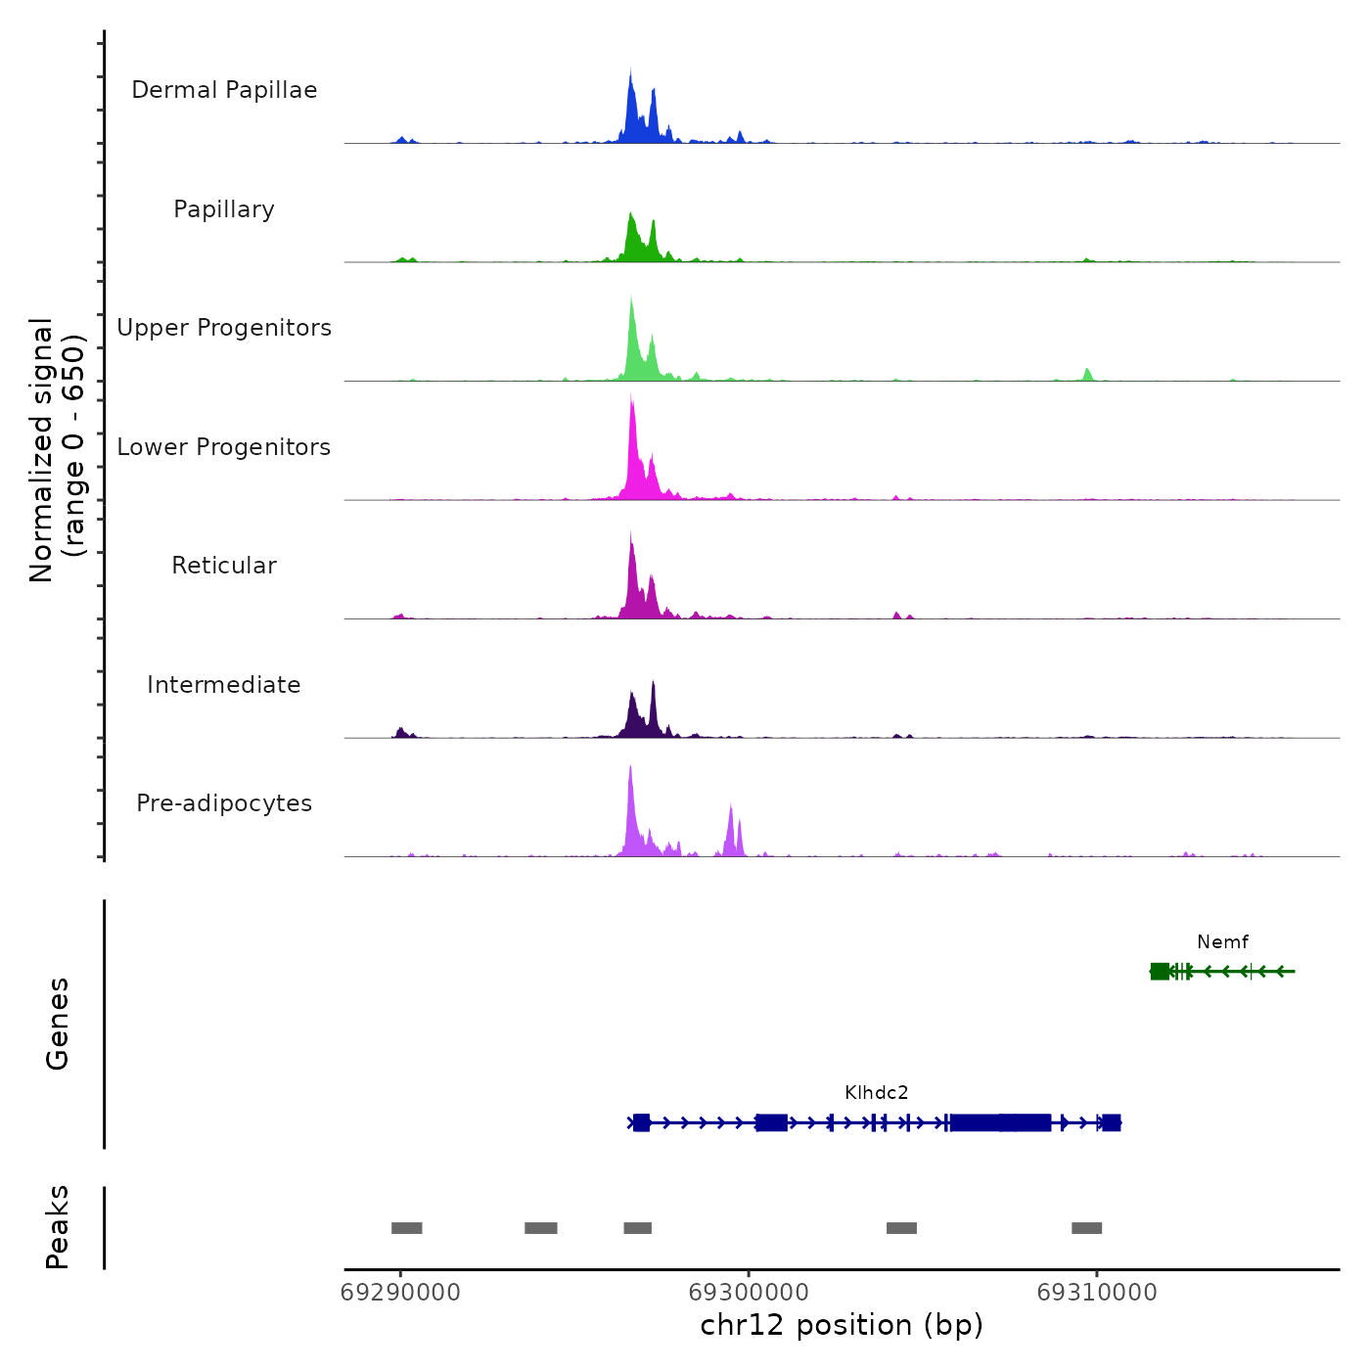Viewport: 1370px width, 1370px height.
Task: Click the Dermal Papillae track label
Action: click(x=224, y=90)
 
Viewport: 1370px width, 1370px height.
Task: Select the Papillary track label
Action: click(x=224, y=209)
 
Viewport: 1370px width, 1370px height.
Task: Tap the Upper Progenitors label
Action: click(x=224, y=328)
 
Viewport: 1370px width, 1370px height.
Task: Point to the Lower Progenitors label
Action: click(x=224, y=447)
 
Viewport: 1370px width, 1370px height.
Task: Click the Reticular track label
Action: click(x=224, y=566)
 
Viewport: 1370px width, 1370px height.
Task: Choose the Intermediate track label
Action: click(x=224, y=685)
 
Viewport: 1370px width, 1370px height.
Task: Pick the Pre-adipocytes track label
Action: click(x=224, y=803)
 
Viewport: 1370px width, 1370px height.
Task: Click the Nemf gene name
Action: click(x=1222, y=942)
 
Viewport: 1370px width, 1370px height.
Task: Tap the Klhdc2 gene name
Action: click(x=877, y=1093)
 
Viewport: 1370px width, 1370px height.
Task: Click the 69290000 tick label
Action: click(x=400, y=1293)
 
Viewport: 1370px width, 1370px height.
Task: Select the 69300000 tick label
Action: click(x=749, y=1293)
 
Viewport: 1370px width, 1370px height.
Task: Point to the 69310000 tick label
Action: click(x=1097, y=1293)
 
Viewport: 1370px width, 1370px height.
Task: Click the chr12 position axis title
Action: click(x=842, y=1325)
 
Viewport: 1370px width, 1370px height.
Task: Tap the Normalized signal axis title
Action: click(x=57, y=450)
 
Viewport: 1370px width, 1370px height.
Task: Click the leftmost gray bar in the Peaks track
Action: click(x=407, y=1228)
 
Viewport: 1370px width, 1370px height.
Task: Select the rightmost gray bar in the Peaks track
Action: click(x=1086, y=1228)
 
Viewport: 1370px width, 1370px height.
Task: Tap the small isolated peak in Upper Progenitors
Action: click(x=1087, y=374)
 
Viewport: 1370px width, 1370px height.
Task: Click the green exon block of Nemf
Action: click(x=1160, y=971)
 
